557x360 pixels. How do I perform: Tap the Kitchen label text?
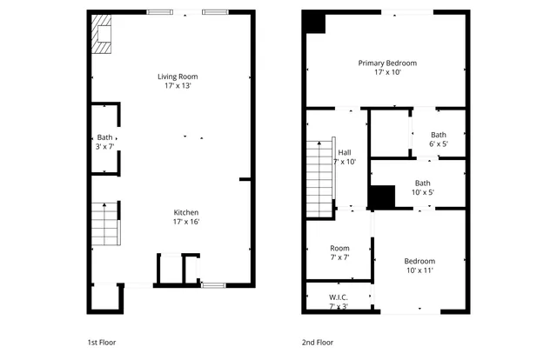click(x=186, y=212)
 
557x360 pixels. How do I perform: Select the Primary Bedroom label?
click(x=387, y=63)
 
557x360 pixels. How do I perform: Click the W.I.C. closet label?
click(x=339, y=297)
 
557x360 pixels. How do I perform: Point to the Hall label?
click(x=345, y=152)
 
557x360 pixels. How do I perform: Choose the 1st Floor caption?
click(x=102, y=343)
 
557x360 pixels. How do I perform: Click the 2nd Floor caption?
click(x=319, y=343)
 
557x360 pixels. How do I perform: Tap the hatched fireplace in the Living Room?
click(x=102, y=37)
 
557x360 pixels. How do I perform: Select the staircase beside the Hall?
click(x=319, y=173)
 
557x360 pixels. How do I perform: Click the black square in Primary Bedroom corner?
click(x=314, y=23)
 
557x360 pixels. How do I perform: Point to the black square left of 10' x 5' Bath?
click(x=381, y=197)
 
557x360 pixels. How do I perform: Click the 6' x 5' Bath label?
click(x=438, y=139)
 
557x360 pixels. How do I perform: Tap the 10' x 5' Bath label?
click(x=422, y=188)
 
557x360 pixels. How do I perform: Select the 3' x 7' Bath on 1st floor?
click(x=104, y=142)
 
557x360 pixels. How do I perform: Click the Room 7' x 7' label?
click(x=339, y=252)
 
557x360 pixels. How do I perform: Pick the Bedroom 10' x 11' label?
click(x=419, y=265)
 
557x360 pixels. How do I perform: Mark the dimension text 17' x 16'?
click(x=186, y=222)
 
